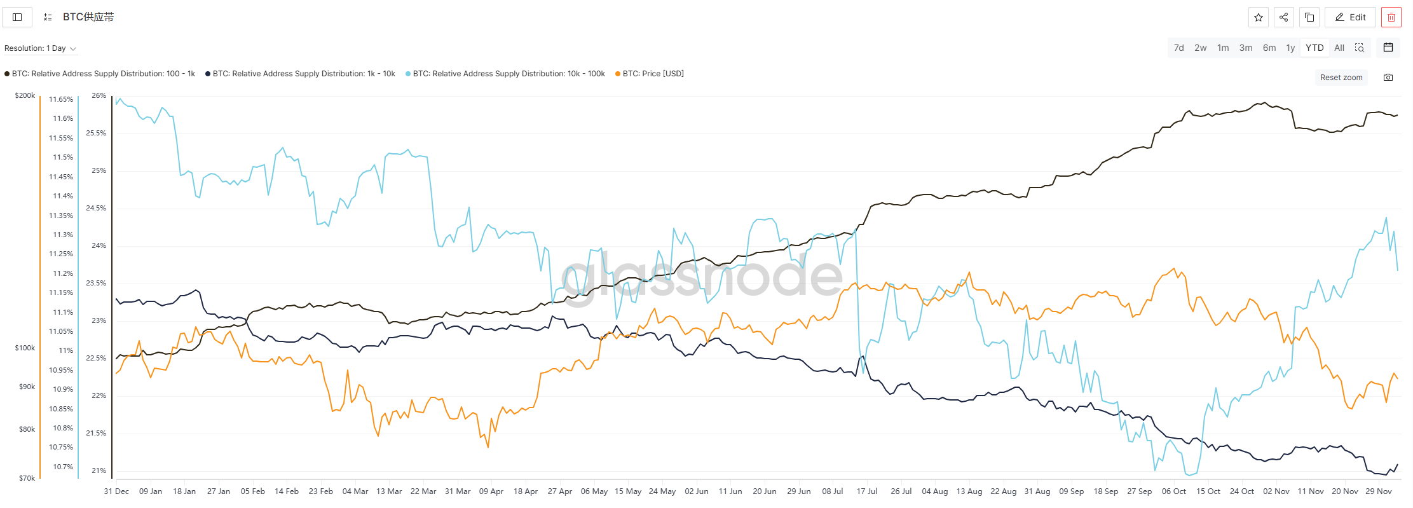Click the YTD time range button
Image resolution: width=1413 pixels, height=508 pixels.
click(1314, 48)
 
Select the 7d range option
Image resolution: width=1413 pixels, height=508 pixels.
click(1178, 48)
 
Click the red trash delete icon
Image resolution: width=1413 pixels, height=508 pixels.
click(1391, 17)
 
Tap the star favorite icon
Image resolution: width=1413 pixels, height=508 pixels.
click(1258, 17)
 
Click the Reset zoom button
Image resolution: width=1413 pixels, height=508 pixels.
click(1341, 78)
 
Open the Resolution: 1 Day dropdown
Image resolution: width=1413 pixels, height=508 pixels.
click(40, 48)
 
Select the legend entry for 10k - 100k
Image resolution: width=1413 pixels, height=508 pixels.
click(509, 74)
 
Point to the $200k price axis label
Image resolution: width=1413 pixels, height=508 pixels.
click(25, 95)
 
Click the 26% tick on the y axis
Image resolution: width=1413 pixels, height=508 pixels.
click(99, 95)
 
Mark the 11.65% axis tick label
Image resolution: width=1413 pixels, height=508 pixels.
click(61, 99)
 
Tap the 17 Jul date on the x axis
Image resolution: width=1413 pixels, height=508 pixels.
click(866, 491)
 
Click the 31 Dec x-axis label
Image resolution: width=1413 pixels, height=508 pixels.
click(116, 491)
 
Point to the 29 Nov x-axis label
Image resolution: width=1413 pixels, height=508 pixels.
click(1379, 491)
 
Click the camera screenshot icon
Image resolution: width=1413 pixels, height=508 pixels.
click(1388, 78)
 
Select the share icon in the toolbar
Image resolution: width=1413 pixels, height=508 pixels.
click(1283, 17)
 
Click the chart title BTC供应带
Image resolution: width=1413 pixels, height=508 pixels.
click(88, 17)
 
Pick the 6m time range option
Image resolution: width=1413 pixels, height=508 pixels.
click(1269, 48)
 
